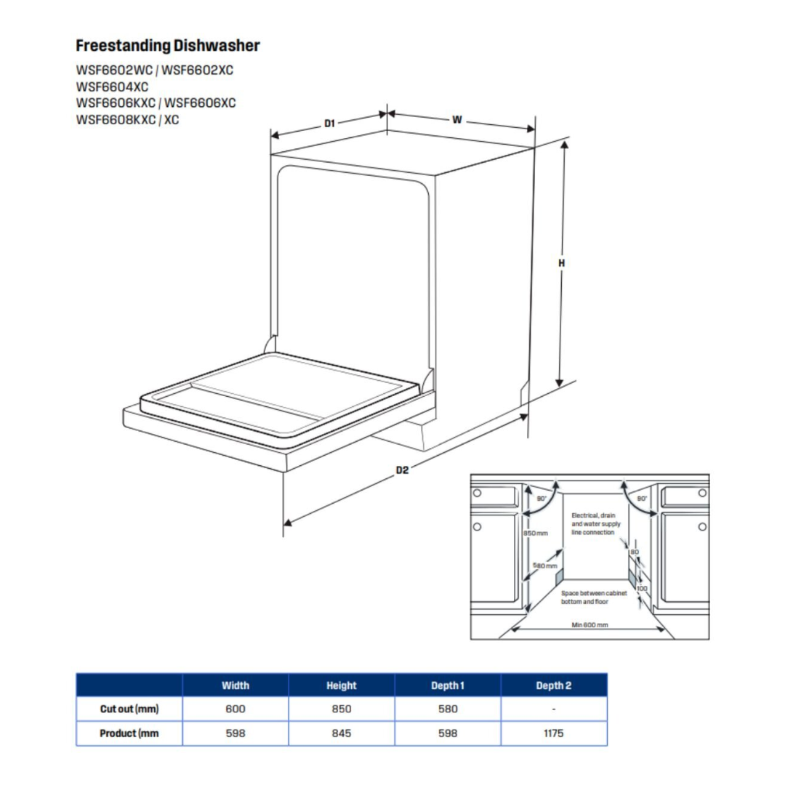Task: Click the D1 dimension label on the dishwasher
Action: pyautogui.click(x=329, y=124)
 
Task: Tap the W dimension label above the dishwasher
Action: pyautogui.click(x=456, y=120)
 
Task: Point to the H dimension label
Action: pyautogui.click(x=561, y=263)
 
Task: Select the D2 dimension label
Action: pyautogui.click(x=402, y=470)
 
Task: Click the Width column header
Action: pyautogui.click(x=235, y=685)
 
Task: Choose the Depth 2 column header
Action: pyautogui.click(x=554, y=685)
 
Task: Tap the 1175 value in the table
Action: pyautogui.click(x=554, y=733)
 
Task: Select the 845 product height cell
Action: pyautogui.click(x=342, y=733)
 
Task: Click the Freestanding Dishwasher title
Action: pyautogui.click(x=168, y=46)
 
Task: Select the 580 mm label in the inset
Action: pyautogui.click(x=545, y=565)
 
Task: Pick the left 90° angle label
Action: pyautogui.click(x=542, y=499)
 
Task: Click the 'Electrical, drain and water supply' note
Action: pyautogui.click(x=593, y=523)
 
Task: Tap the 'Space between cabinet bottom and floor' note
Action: pyautogui.click(x=593, y=597)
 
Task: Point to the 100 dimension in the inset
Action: pyautogui.click(x=642, y=588)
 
